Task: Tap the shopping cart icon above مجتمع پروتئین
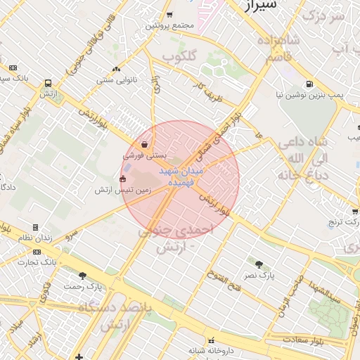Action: [169, 15]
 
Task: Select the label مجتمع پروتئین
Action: [169, 25]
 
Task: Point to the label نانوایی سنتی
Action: [116, 79]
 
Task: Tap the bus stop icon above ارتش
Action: [48, 82]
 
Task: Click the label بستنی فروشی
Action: [143, 155]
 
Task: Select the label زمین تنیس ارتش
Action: [118, 190]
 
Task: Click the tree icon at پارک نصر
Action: [259, 264]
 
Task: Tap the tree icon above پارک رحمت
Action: [82, 276]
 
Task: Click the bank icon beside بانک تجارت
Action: [37, 252]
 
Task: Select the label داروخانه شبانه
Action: [210, 350]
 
